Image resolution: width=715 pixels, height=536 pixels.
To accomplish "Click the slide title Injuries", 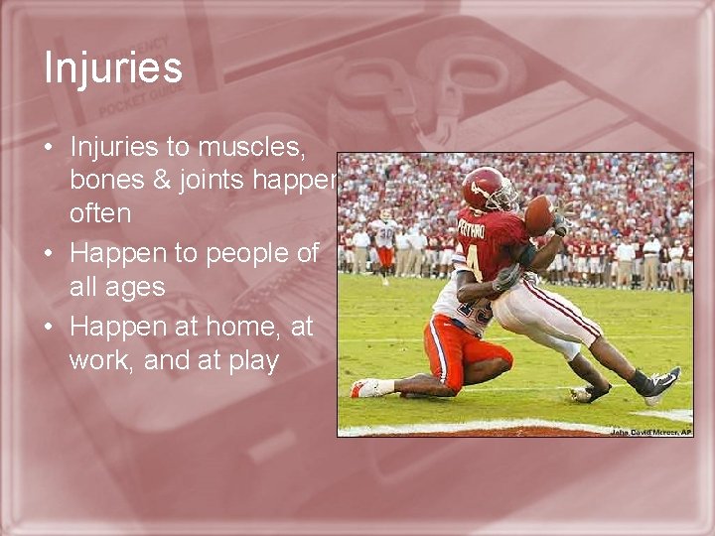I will coord(113,68).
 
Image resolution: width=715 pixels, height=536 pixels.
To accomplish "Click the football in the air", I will coord(538,214).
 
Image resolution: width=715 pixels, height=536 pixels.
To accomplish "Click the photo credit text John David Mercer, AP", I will coord(650,432).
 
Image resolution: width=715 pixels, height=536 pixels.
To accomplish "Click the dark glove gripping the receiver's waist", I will coord(506,278).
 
